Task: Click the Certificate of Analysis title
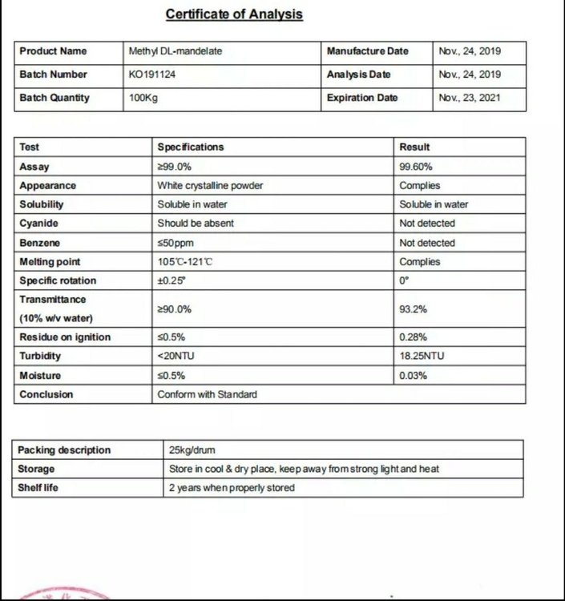pos(234,14)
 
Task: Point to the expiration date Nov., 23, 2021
pos(470,98)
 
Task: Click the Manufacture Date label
pos(368,51)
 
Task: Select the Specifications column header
pos(191,147)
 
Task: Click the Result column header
pos(414,147)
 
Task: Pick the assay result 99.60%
pos(416,167)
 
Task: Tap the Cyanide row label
pos(38,224)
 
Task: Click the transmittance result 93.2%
pos(413,309)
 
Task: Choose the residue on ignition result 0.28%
pos(413,337)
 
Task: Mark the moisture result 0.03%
pos(413,375)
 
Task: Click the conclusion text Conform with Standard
pos(207,394)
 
